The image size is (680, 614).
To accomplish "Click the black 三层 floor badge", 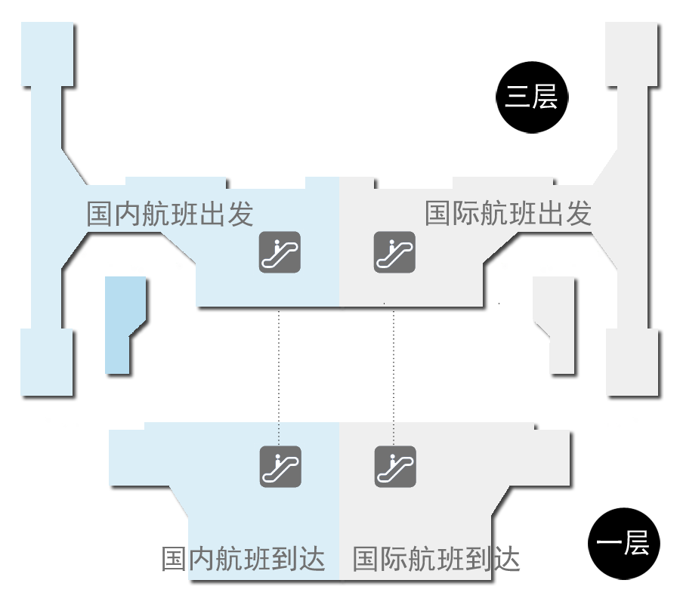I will pos(532,97).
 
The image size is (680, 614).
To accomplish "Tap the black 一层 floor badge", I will pos(623,544).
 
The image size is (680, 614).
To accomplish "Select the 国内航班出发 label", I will pos(169,214).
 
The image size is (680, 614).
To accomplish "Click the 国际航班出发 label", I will pos(508,213).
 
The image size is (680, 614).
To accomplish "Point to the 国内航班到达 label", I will pos(243,560).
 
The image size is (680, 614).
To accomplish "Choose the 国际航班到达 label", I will pos(437,560).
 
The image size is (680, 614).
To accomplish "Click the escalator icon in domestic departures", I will pos(280,252).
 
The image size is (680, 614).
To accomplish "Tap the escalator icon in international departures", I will pos(394,252).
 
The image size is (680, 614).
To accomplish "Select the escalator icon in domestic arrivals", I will pos(280,466).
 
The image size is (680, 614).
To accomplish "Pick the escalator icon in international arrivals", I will pos(395,466).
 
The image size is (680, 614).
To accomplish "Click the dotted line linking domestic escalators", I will pos(280,370).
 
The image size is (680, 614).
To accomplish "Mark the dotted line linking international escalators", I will pos(394,370).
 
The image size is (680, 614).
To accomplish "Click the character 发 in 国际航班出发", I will pos(577,213).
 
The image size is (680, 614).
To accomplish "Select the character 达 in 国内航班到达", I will pos(312,560).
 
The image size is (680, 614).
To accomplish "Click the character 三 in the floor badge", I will pos(518,97).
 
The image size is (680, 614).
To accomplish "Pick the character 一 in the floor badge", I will pos(609,544).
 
